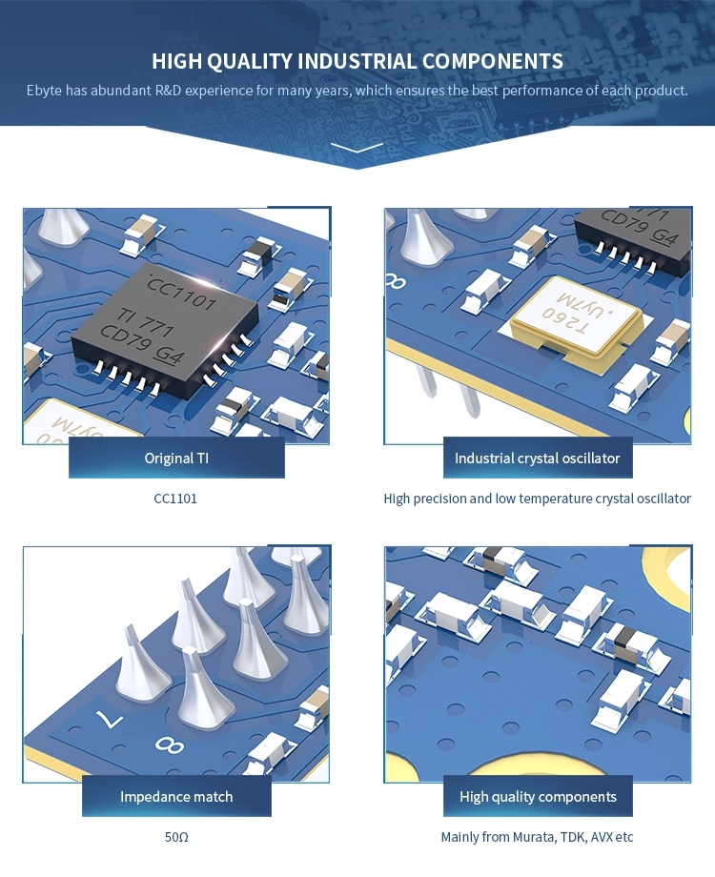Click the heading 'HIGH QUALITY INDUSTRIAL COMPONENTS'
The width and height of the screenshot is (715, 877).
pyautogui.click(x=357, y=62)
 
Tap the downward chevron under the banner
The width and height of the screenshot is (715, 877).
pyautogui.click(x=357, y=148)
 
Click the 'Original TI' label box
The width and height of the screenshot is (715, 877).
pyautogui.click(x=176, y=458)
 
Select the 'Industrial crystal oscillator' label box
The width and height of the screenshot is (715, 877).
pyautogui.click(x=537, y=458)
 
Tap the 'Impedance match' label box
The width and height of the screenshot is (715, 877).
pyautogui.click(x=176, y=796)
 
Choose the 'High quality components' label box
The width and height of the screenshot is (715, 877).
pyautogui.click(x=538, y=796)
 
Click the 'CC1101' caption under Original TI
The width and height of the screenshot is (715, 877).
pyautogui.click(x=175, y=499)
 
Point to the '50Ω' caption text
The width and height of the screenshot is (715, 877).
pyautogui.click(x=176, y=837)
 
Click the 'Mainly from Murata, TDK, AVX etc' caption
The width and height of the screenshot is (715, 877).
pyautogui.click(x=537, y=837)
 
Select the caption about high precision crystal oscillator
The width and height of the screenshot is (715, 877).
pyautogui.click(x=537, y=499)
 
